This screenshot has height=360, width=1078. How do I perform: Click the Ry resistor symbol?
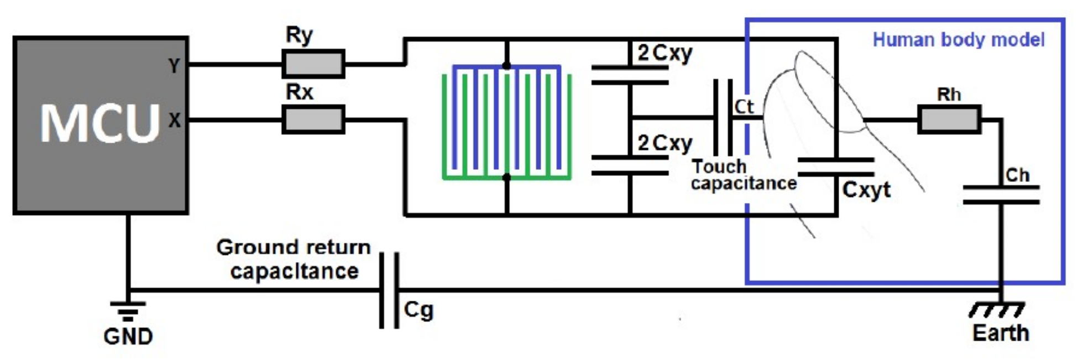point(313,64)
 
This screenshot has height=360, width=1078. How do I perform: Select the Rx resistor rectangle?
point(313,119)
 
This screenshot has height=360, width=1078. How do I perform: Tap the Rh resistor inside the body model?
point(949,119)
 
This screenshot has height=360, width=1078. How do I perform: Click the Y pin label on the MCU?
point(175,66)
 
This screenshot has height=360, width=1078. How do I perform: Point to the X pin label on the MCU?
point(175,120)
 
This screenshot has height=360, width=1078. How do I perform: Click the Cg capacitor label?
point(418,310)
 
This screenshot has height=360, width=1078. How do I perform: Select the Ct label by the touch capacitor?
point(744,107)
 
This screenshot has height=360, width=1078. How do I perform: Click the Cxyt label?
point(866,190)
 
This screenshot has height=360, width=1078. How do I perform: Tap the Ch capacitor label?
point(1017,175)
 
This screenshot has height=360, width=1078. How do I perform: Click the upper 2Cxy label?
point(664,53)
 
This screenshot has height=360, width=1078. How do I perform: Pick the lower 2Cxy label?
point(664,143)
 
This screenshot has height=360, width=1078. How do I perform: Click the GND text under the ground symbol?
point(128,336)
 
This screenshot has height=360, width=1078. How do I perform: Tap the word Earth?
point(1001,333)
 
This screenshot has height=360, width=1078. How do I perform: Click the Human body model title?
point(958,40)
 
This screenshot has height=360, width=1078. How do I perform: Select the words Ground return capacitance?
point(294,259)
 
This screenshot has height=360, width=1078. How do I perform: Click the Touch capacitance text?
point(744,175)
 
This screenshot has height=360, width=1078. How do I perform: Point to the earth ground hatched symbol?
point(997,309)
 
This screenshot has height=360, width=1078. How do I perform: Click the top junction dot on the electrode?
point(506,66)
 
